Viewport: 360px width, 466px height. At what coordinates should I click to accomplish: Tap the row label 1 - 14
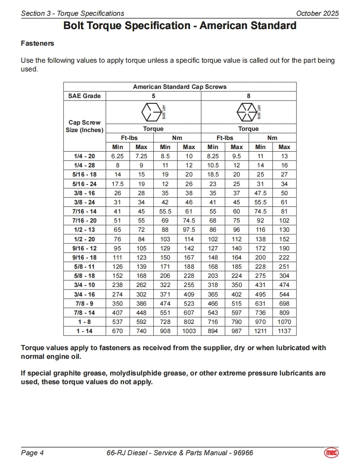click(84, 331)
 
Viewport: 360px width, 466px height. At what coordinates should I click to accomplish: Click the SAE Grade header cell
click(84, 96)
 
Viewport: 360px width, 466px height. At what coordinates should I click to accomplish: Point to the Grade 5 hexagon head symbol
click(150, 112)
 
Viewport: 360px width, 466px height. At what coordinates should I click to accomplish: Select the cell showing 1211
click(260, 331)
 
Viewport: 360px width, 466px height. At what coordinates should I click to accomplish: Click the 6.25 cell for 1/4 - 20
click(118, 156)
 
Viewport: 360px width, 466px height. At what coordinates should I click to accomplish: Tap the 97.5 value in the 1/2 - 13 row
click(189, 230)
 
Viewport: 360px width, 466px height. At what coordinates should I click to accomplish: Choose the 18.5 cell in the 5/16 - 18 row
click(213, 174)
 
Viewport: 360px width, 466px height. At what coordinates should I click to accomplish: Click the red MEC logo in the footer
click(331, 453)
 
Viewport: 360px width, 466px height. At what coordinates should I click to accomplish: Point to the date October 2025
click(317, 13)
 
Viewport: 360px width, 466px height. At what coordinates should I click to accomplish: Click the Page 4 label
click(32, 453)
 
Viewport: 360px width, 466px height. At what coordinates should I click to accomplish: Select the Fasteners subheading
click(37, 43)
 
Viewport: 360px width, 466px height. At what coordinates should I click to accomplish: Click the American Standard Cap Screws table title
click(180, 87)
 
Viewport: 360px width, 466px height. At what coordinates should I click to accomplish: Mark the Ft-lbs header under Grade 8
click(225, 138)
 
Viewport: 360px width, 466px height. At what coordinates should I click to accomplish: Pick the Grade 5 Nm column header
click(177, 138)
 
